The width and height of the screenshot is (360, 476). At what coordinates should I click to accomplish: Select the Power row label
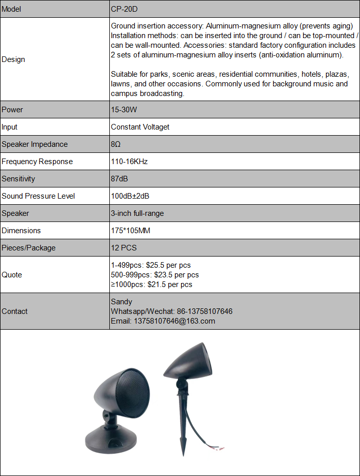point(12,110)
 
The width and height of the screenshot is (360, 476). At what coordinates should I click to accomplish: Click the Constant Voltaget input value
point(140,127)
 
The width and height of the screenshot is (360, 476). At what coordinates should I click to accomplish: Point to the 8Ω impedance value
point(115,144)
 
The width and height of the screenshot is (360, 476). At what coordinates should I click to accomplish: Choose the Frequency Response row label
point(37,162)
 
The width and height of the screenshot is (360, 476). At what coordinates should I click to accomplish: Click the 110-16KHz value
point(129,162)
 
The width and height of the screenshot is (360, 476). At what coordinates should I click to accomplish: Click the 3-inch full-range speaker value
point(137,213)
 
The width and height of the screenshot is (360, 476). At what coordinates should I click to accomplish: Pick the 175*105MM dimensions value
point(131,231)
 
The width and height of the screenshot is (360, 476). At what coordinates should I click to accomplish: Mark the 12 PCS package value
point(124,248)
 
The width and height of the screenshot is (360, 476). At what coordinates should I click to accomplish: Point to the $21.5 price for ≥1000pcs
point(158,284)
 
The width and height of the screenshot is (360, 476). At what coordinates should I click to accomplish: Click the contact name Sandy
point(122,302)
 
